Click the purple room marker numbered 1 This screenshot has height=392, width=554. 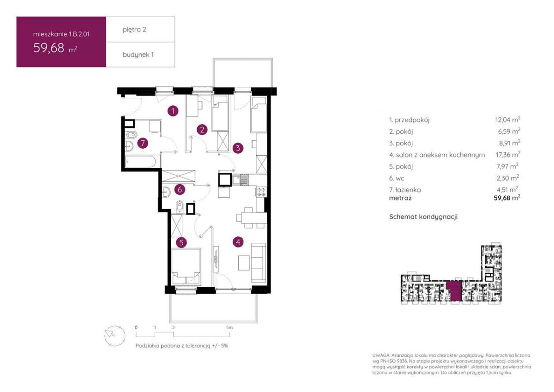pos(173,111)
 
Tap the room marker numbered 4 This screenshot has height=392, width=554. pos(238,241)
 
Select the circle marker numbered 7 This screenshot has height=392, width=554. pos(143,143)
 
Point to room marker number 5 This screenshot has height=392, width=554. pos(181,242)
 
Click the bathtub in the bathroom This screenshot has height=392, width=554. pos(140,162)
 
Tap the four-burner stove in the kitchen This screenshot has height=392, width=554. pos(261,192)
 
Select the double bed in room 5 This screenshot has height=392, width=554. pos(186,266)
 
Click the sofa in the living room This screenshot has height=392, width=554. pos(259,263)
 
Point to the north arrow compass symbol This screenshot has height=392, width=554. pos(115,336)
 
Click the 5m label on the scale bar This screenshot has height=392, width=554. pos(229,327)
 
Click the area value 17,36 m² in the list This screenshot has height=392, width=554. pos(508,155)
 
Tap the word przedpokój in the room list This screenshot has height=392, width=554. pos(412,120)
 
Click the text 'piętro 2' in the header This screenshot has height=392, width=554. pos(134,30)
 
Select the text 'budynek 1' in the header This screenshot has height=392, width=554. pos(138,54)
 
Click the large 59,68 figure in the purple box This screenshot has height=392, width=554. pos(49,48)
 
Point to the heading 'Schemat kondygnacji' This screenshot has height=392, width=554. pos(423,217)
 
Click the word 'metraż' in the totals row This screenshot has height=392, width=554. pos(400,198)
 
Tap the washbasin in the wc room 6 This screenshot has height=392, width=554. pos(166,192)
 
